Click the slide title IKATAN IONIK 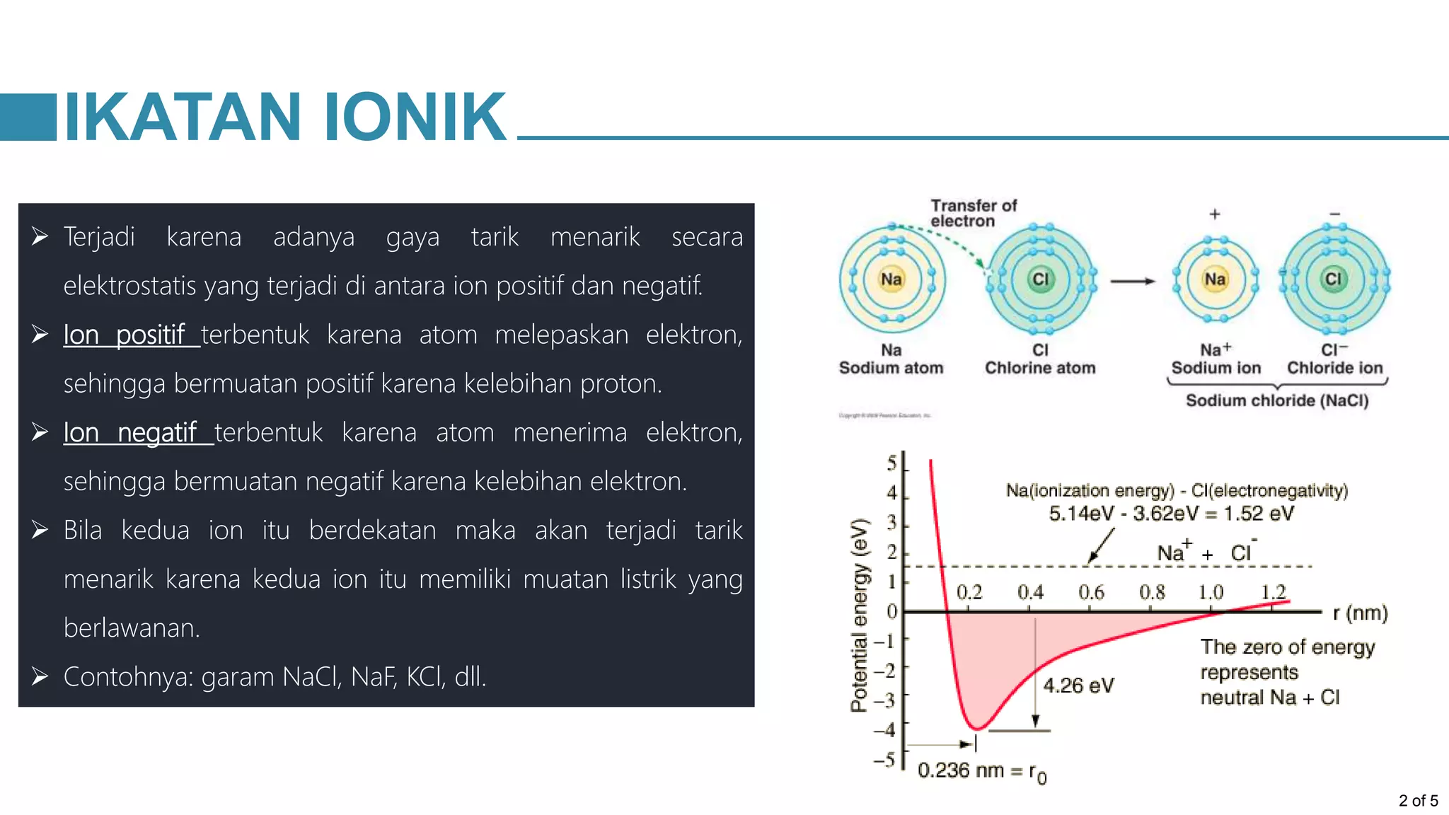[285, 117]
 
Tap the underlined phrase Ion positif [125, 335]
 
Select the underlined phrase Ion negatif [130, 432]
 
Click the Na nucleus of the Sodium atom [891, 279]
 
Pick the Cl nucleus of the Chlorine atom [1040, 279]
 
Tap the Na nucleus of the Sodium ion [1215, 279]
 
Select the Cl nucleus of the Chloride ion [1333, 279]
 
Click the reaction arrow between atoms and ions [1132, 282]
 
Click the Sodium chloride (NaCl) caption [1277, 400]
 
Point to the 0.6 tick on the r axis [1091, 592]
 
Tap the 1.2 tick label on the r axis [1274, 591]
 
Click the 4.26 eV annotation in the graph [1078, 686]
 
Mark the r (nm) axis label [1360, 613]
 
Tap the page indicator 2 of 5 [1418, 801]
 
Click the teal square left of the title [28, 117]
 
